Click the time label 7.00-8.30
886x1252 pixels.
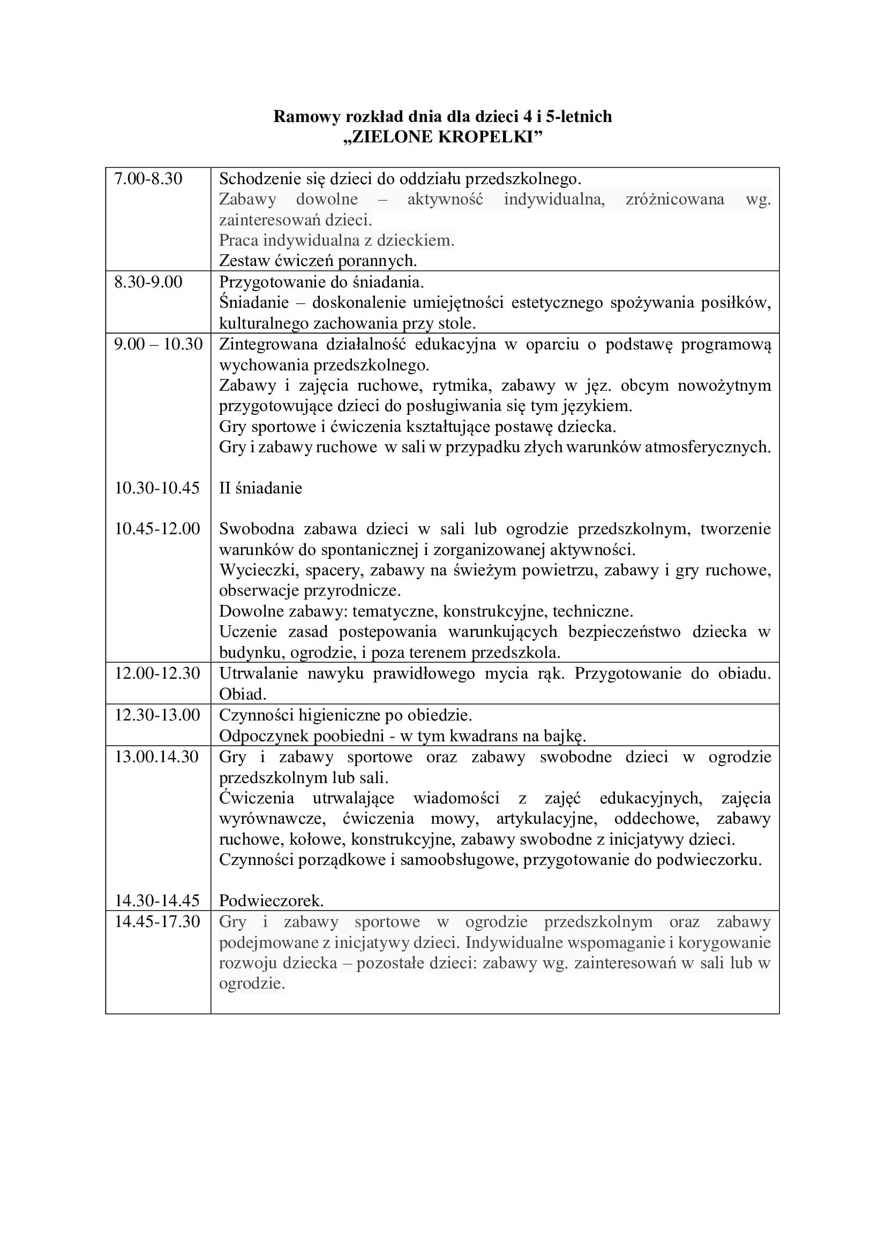[148, 179]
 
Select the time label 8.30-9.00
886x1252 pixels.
[148, 282]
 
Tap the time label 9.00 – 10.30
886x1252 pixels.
[157, 344]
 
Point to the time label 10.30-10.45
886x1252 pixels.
[156, 488]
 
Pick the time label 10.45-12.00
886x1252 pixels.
[157, 528]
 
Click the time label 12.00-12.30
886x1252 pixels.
[157, 673]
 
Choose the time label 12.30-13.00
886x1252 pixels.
[157, 715]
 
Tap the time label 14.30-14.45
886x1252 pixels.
[156, 900]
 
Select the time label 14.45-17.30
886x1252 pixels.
[157, 921]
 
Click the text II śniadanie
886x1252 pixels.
[260, 488]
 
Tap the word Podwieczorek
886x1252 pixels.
[271, 900]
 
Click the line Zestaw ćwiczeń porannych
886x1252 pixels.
[318, 261]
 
